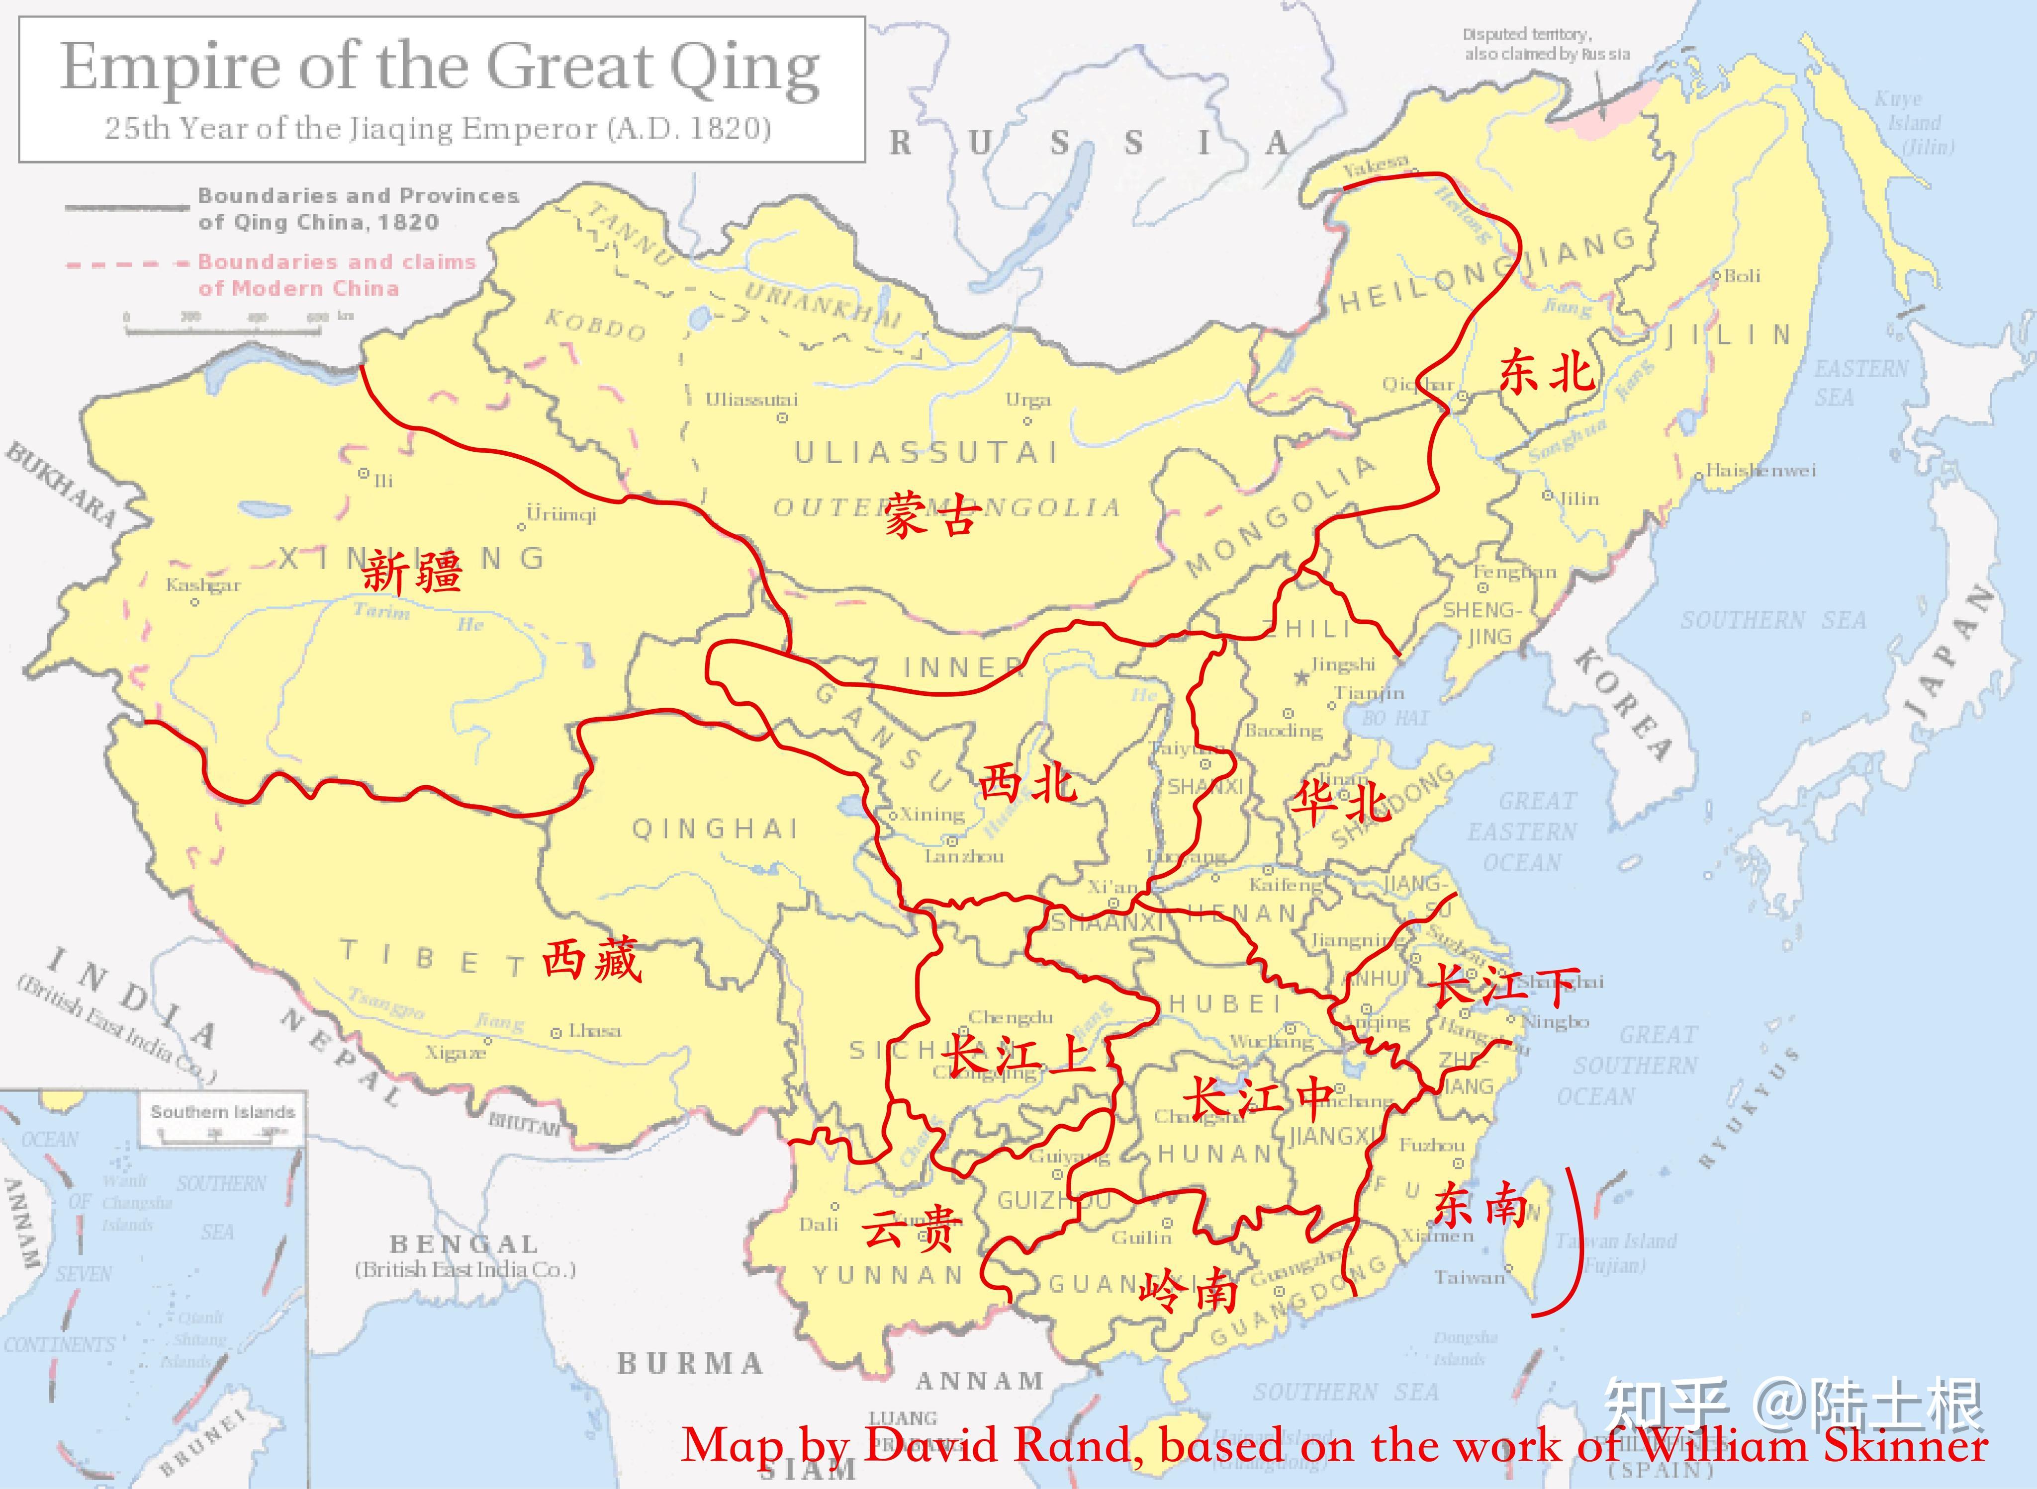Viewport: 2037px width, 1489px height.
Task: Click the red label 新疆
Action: click(x=412, y=572)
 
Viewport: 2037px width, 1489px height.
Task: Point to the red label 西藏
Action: click(x=591, y=959)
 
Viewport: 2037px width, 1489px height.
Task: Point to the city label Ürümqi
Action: click(x=561, y=514)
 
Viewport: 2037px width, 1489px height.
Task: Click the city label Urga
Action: click(x=1028, y=399)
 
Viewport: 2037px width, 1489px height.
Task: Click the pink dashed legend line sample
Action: click(x=124, y=264)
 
